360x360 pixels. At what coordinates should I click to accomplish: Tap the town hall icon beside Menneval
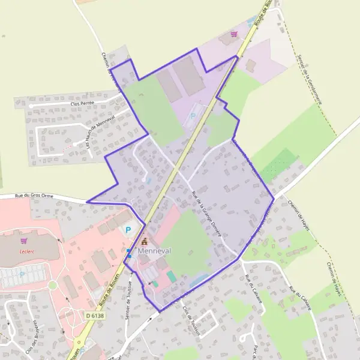tap(144, 241)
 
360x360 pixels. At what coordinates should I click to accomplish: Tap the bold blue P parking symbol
tap(128, 230)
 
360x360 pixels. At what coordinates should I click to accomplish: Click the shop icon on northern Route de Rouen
tap(234, 35)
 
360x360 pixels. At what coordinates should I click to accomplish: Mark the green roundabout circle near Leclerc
tap(52, 285)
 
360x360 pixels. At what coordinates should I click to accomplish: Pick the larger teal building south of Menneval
tap(172, 276)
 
